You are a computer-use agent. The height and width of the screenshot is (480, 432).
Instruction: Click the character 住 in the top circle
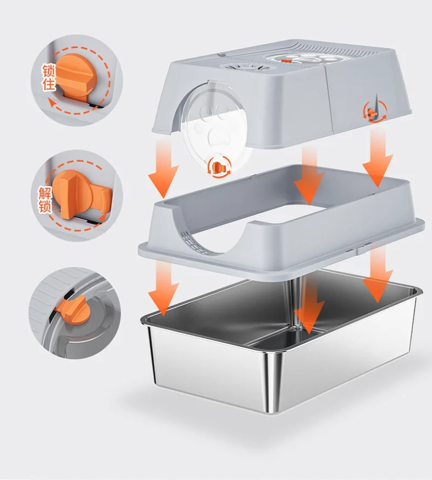click(x=49, y=84)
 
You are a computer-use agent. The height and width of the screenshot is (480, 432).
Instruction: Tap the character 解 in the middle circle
click(x=45, y=193)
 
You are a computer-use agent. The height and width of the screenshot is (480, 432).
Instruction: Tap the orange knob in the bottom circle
click(x=73, y=310)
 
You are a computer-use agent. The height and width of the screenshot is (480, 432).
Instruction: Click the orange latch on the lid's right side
click(x=373, y=113)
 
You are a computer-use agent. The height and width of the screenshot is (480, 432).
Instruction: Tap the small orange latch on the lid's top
click(x=286, y=60)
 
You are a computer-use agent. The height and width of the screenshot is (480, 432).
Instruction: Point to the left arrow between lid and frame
click(x=164, y=169)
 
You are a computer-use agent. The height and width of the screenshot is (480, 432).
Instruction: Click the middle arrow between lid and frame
click(x=309, y=175)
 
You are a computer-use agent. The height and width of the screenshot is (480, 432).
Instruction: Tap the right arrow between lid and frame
click(x=378, y=157)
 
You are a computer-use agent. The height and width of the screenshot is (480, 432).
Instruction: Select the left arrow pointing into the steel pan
click(x=164, y=288)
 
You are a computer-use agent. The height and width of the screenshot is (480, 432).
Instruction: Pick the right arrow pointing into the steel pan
click(x=378, y=275)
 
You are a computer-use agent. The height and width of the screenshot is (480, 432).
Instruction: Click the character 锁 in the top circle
click(x=49, y=71)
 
